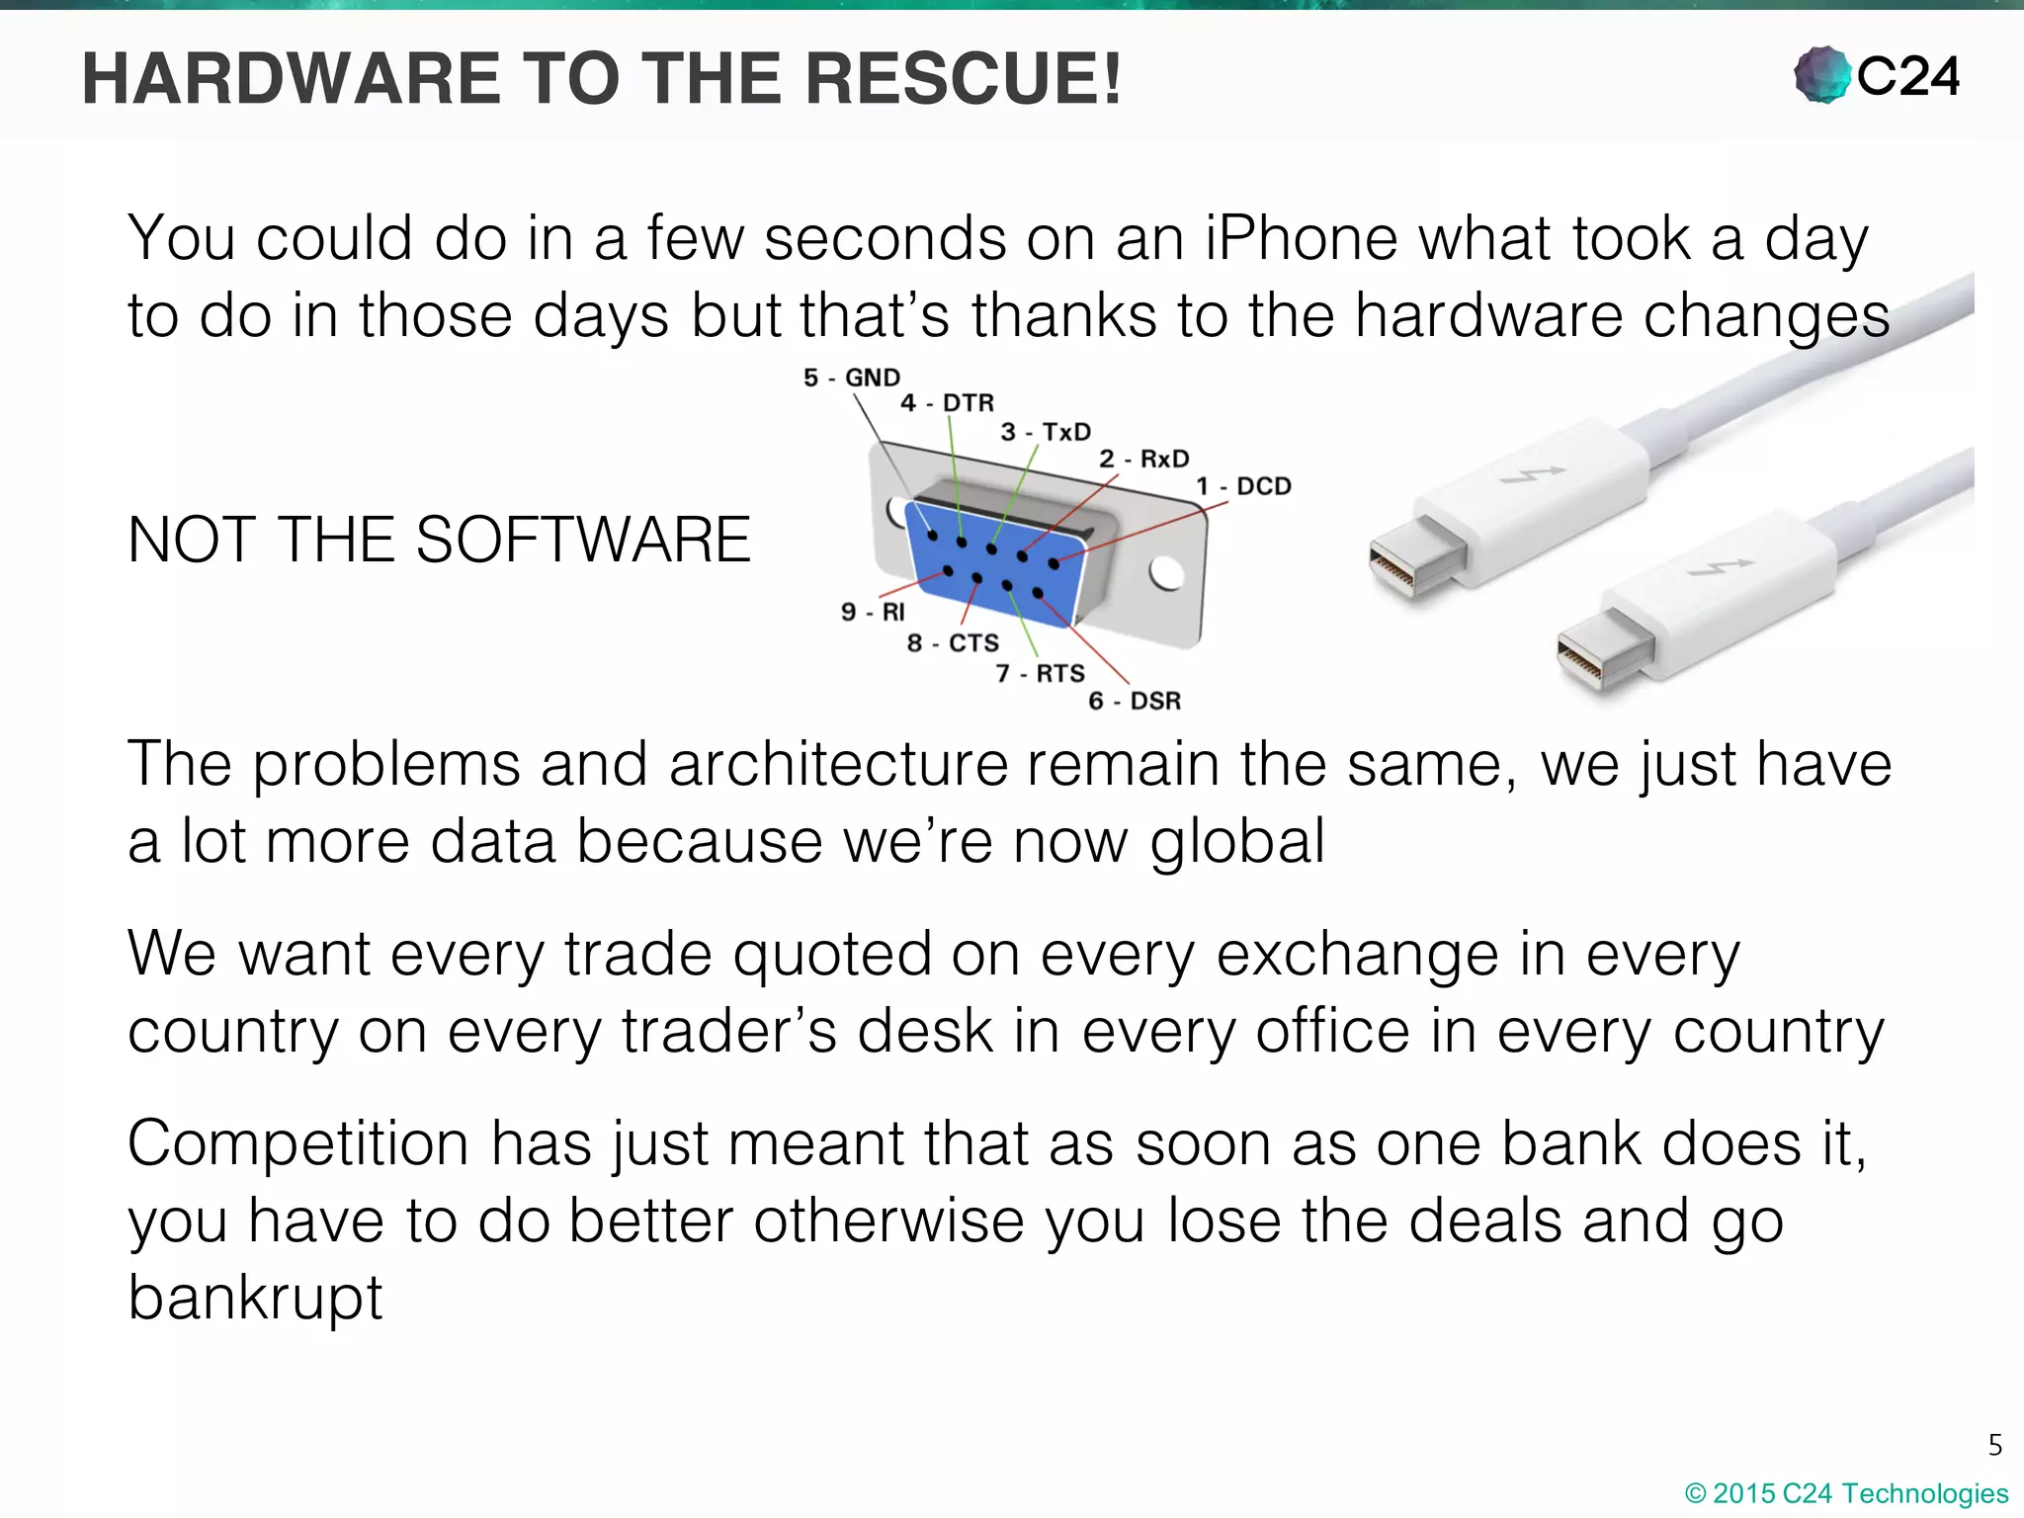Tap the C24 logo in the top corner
coord(1876,75)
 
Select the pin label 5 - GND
coord(851,378)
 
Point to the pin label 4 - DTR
coord(947,403)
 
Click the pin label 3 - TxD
coord(1046,432)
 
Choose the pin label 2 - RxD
coord(1144,459)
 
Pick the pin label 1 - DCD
coord(1243,486)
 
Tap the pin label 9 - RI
coord(873,613)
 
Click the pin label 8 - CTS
coord(953,643)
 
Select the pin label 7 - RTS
coord(1040,674)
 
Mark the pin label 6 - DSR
coord(1135,702)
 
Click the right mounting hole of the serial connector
coord(1166,573)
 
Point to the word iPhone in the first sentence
coord(1301,239)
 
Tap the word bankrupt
coord(255,1298)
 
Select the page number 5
coord(1994,1445)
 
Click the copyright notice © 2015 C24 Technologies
coord(1846,1493)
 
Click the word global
coord(1236,842)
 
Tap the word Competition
coord(297,1144)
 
